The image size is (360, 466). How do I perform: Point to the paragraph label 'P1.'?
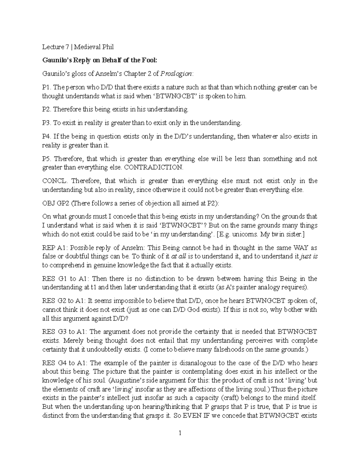47,87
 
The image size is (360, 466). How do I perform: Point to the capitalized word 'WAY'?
301,248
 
